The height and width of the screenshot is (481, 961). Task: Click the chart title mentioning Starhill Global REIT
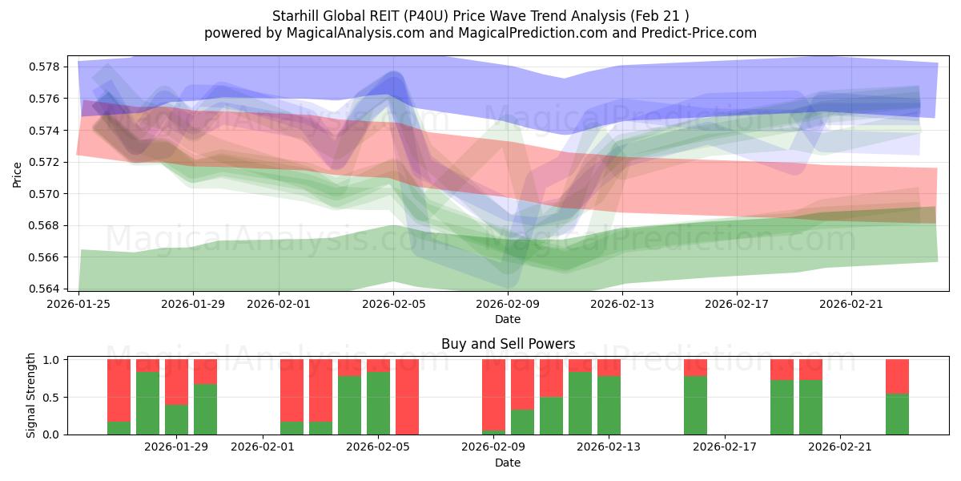(x=480, y=15)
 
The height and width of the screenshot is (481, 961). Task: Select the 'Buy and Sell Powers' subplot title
(x=508, y=344)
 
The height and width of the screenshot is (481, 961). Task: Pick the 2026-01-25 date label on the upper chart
(x=79, y=304)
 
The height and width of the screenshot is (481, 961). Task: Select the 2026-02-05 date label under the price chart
(x=393, y=304)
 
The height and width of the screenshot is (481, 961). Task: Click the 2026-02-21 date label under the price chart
(x=850, y=304)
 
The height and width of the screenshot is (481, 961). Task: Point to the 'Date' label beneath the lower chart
(x=508, y=463)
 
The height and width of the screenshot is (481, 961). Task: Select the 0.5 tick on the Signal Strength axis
(x=51, y=397)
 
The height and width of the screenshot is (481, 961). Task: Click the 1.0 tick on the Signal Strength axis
(x=51, y=360)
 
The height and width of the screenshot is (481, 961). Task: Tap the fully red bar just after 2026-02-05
(x=407, y=397)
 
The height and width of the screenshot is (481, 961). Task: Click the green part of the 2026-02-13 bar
(x=609, y=406)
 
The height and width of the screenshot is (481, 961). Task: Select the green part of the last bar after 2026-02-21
(x=897, y=414)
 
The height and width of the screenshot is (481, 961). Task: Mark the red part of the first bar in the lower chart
(x=119, y=390)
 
